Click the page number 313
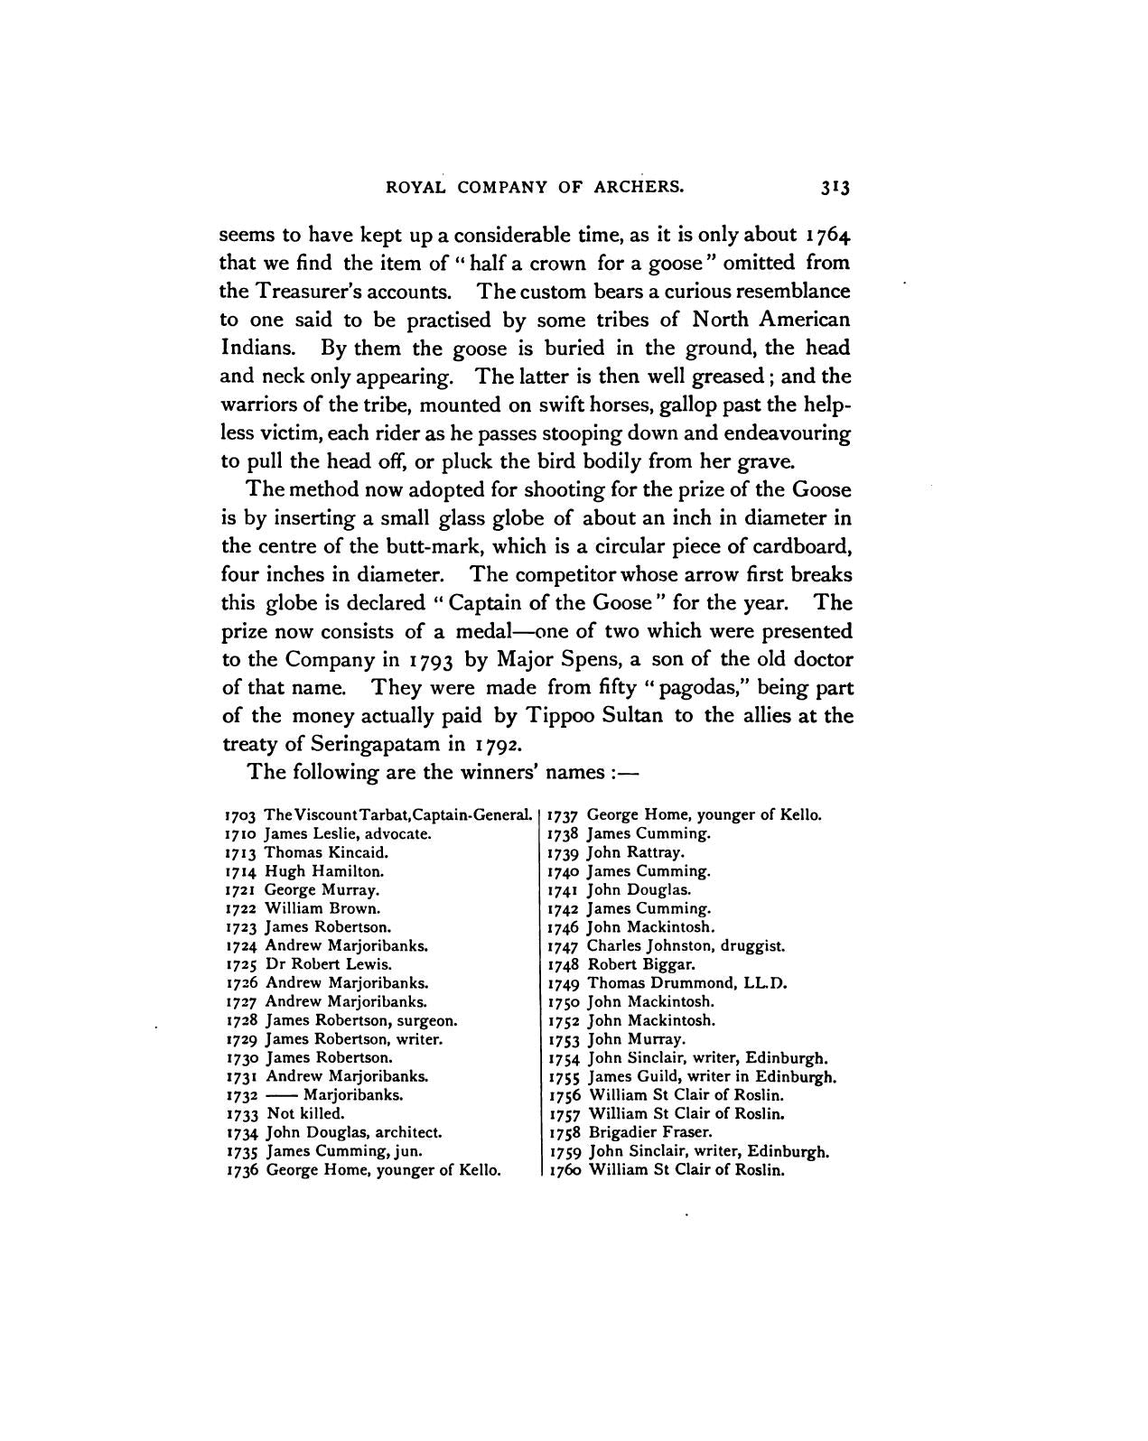pyautogui.click(x=835, y=188)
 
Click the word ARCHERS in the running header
pyautogui.click(x=638, y=188)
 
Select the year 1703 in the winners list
pyautogui.click(x=241, y=815)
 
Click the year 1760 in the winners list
pyautogui.click(x=564, y=1170)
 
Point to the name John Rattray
pyautogui.click(x=636, y=852)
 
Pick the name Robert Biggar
pyautogui.click(x=640, y=964)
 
